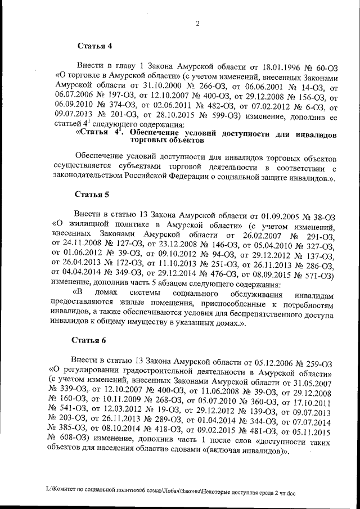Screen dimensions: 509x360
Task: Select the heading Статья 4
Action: [x=94, y=46]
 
